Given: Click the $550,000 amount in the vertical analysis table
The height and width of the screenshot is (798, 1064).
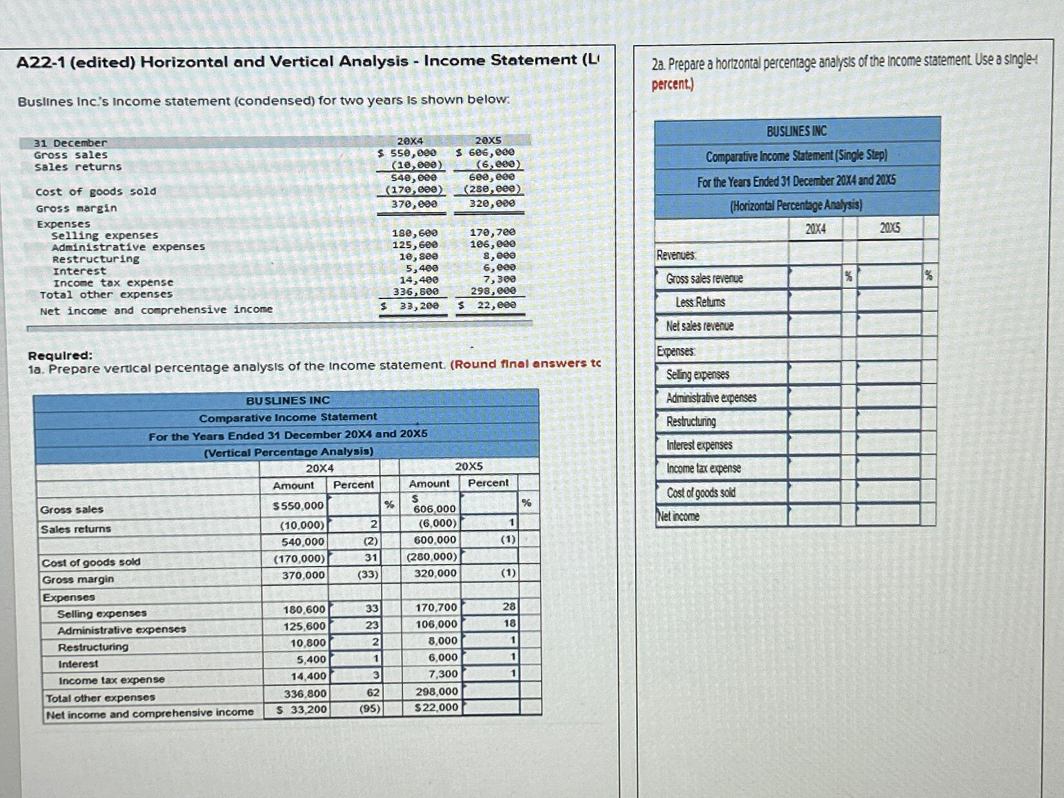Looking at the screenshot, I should (298, 506).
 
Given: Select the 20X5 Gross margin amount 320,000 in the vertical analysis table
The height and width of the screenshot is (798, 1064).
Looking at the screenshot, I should (435, 573).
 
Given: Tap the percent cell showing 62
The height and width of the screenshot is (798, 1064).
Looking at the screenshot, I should (372, 693).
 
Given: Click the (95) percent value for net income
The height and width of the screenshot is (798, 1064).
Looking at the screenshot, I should (369, 709).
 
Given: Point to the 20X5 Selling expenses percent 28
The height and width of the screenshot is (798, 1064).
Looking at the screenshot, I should (509, 607).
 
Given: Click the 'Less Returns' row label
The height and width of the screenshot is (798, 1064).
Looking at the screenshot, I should (700, 302).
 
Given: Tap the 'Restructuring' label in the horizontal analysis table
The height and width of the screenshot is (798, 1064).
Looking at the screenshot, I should (691, 422).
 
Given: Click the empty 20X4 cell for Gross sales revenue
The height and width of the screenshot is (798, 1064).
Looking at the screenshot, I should (815, 278).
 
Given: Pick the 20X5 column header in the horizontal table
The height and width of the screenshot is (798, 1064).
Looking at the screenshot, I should (890, 228).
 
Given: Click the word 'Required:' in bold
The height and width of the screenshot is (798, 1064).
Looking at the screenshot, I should (61, 355).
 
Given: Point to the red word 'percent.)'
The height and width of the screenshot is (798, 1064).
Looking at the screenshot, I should (673, 84).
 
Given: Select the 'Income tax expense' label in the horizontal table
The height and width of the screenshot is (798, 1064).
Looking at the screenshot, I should (704, 469).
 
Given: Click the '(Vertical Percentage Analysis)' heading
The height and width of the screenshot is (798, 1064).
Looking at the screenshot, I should (288, 452).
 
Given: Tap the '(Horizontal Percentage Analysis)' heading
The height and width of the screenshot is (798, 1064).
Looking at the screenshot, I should (796, 206).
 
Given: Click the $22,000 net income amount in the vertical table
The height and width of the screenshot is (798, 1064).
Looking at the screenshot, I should (436, 708).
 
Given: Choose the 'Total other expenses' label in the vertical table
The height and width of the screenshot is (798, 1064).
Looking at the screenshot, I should (101, 697).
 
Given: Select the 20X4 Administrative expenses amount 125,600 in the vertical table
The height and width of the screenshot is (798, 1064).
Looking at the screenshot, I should (304, 626).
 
